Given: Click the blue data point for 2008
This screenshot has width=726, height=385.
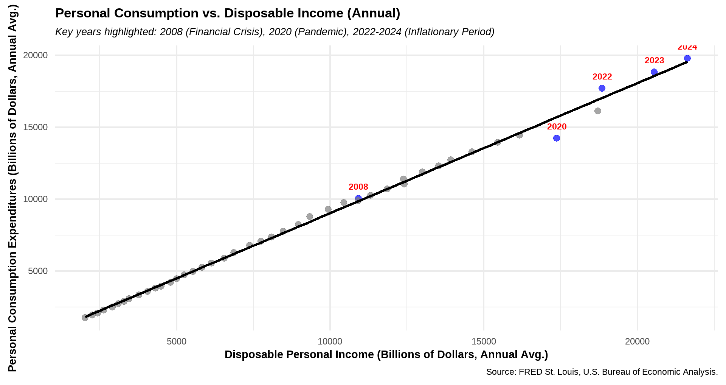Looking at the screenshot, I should [x=358, y=198].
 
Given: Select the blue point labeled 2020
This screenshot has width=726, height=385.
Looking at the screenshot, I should [x=557, y=138].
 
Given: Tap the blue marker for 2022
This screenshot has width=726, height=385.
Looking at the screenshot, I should [x=602, y=88].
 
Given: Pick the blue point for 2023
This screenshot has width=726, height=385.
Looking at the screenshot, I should [x=654, y=72].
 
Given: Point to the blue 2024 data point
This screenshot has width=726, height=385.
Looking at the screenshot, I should [x=687, y=58].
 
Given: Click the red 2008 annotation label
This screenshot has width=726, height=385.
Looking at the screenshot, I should [x=358, y=187].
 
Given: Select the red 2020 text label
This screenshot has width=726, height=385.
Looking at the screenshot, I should [x=557, y=127].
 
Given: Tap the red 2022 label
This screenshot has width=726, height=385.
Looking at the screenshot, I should [x=602, y=77].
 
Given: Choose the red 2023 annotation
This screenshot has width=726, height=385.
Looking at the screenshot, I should [x=655, y=61].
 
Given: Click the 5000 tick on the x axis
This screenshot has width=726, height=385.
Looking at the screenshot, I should [x=177, y=341].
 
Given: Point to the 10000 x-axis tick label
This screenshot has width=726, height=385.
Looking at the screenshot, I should [x=330, y=341].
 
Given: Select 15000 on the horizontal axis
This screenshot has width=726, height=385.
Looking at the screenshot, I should [x=484, y=341].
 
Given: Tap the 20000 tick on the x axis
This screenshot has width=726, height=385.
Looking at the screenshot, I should [x=637, y=341].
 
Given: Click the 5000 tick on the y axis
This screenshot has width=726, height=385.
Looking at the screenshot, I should [x=37, y=271].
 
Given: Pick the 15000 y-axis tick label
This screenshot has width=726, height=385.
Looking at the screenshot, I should [x=36, y=127].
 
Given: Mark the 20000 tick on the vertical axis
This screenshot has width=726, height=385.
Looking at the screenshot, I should [x=36, y=55].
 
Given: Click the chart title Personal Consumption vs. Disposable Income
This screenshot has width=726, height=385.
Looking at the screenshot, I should [x=228, y=13].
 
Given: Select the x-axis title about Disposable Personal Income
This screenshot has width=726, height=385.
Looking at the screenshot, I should [x=386, y=355].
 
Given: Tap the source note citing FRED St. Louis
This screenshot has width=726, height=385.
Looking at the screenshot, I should [x=602, y=372].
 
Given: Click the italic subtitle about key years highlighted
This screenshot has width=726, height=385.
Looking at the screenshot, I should [x=275, y=32].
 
